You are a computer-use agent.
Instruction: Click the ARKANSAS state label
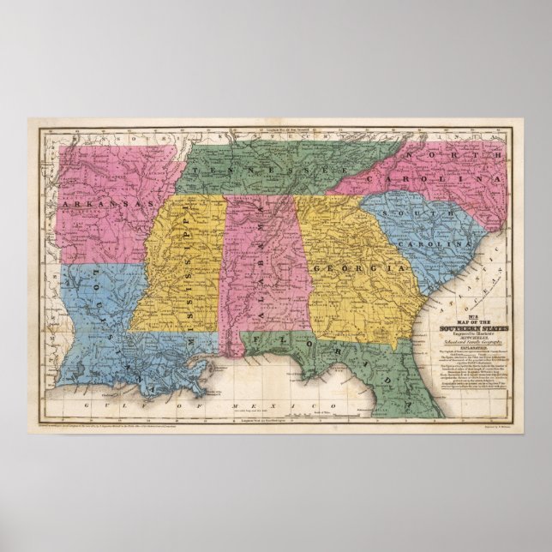coord(106,205)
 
